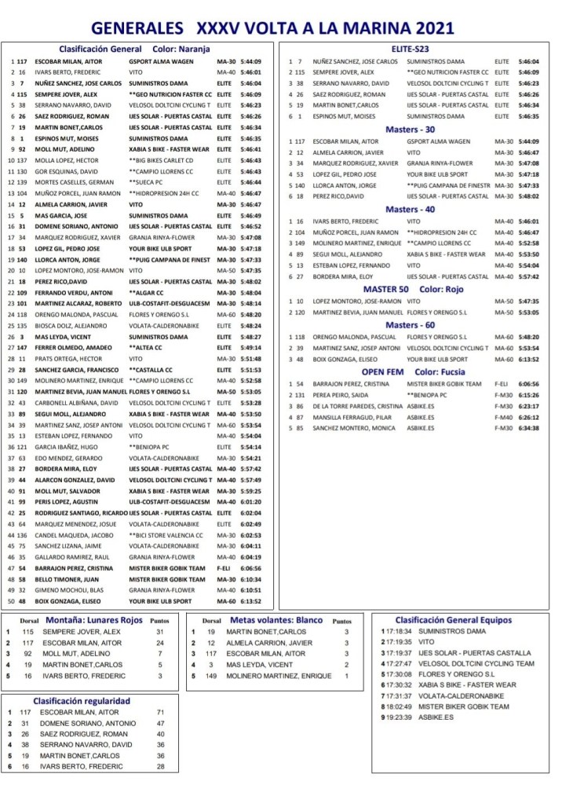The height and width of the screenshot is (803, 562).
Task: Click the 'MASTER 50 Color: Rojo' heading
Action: point(414,289)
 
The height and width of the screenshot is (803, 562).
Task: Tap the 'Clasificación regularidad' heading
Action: point(82,701)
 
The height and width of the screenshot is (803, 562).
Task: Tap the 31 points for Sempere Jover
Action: point(159,631)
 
